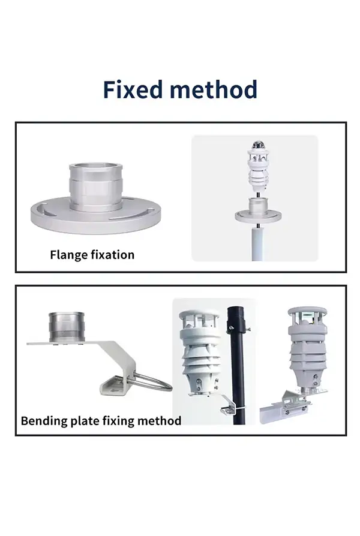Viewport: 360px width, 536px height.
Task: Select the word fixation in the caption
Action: (x=113, y=255)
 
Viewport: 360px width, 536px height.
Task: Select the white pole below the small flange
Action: (x=256, y=243)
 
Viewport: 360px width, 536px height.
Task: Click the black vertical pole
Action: (x=235, y=372)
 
